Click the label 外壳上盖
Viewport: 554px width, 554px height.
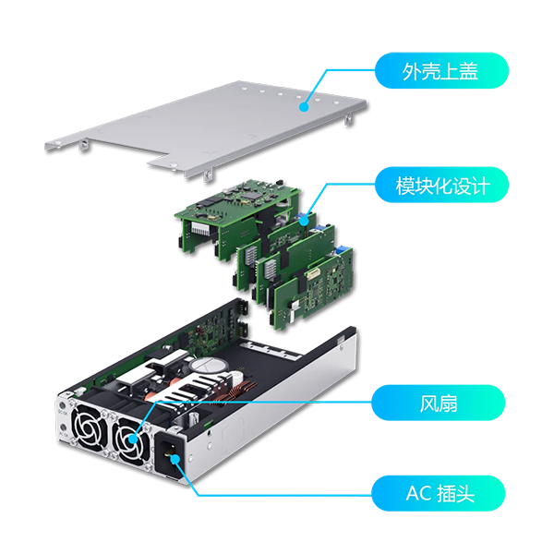[x=441, y=71]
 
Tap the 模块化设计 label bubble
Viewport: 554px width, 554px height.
[x=441, y=185]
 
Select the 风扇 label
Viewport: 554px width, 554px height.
[x=438, y=403]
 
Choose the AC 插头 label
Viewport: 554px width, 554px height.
[x=438, y=493]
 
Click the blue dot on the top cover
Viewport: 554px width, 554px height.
[x=304, y=107]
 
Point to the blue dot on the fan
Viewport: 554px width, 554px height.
[x=132, y=440]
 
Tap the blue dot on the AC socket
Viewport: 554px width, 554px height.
[x=175, y=460]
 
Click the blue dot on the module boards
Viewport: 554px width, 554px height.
[x=304, y=221]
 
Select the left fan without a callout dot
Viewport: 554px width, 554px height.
[x=89, y=426]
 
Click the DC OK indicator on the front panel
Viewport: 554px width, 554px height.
[x=63, y=406]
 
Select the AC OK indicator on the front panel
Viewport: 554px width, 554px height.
[x=63, y=428]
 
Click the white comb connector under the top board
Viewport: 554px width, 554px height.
[x=201, y=228]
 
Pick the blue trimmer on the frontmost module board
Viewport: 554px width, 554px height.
[x=341, y=250]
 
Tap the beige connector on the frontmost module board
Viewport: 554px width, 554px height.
[x=313, y=274]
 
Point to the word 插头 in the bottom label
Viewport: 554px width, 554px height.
[x=456, y=493]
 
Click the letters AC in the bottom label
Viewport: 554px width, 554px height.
[x=418, y=493]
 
